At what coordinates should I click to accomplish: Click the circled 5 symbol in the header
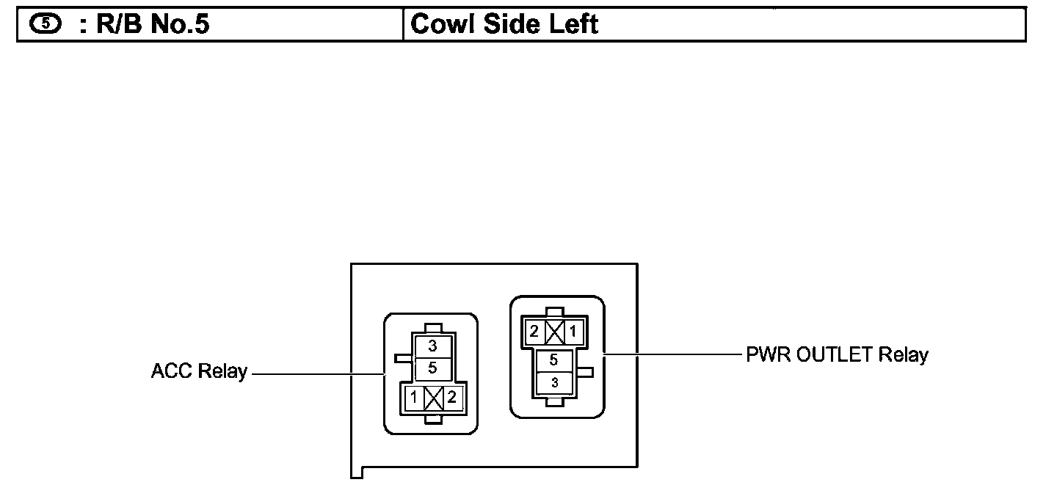pyautogui.click(x=46, y=23)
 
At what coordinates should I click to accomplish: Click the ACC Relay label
pyautogui.click(x=199, y=371)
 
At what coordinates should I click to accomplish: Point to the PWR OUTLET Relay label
pyautogui.click(x=837, y=355)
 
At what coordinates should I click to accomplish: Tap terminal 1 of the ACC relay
pyautogui.click(x=414, y=398)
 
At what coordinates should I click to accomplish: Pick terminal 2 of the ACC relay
pyautogui.click(x=451, y=398)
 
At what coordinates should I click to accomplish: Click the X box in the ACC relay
pyautogui.click(x=433, y=398)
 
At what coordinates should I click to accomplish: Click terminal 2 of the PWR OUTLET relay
pyautogui.click(x=534, y=332)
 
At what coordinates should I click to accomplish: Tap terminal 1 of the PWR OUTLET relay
pyautogui.click(x=573, y=332)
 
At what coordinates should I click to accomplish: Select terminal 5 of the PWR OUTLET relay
pyautogui.click(x=554, y=361)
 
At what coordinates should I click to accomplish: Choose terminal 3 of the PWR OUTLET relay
pyautogui.click(x=554, y=382)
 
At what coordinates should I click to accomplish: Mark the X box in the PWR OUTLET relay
pyautogui.click(x=553, y=332)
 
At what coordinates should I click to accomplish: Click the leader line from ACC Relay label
pyautogui.click(x=316, y=374)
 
